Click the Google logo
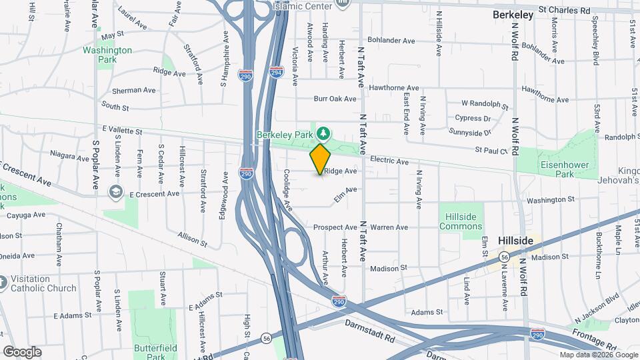[22, 351]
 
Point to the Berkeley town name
[513, 14]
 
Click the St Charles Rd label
[565, 11]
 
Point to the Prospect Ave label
[335, 227]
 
